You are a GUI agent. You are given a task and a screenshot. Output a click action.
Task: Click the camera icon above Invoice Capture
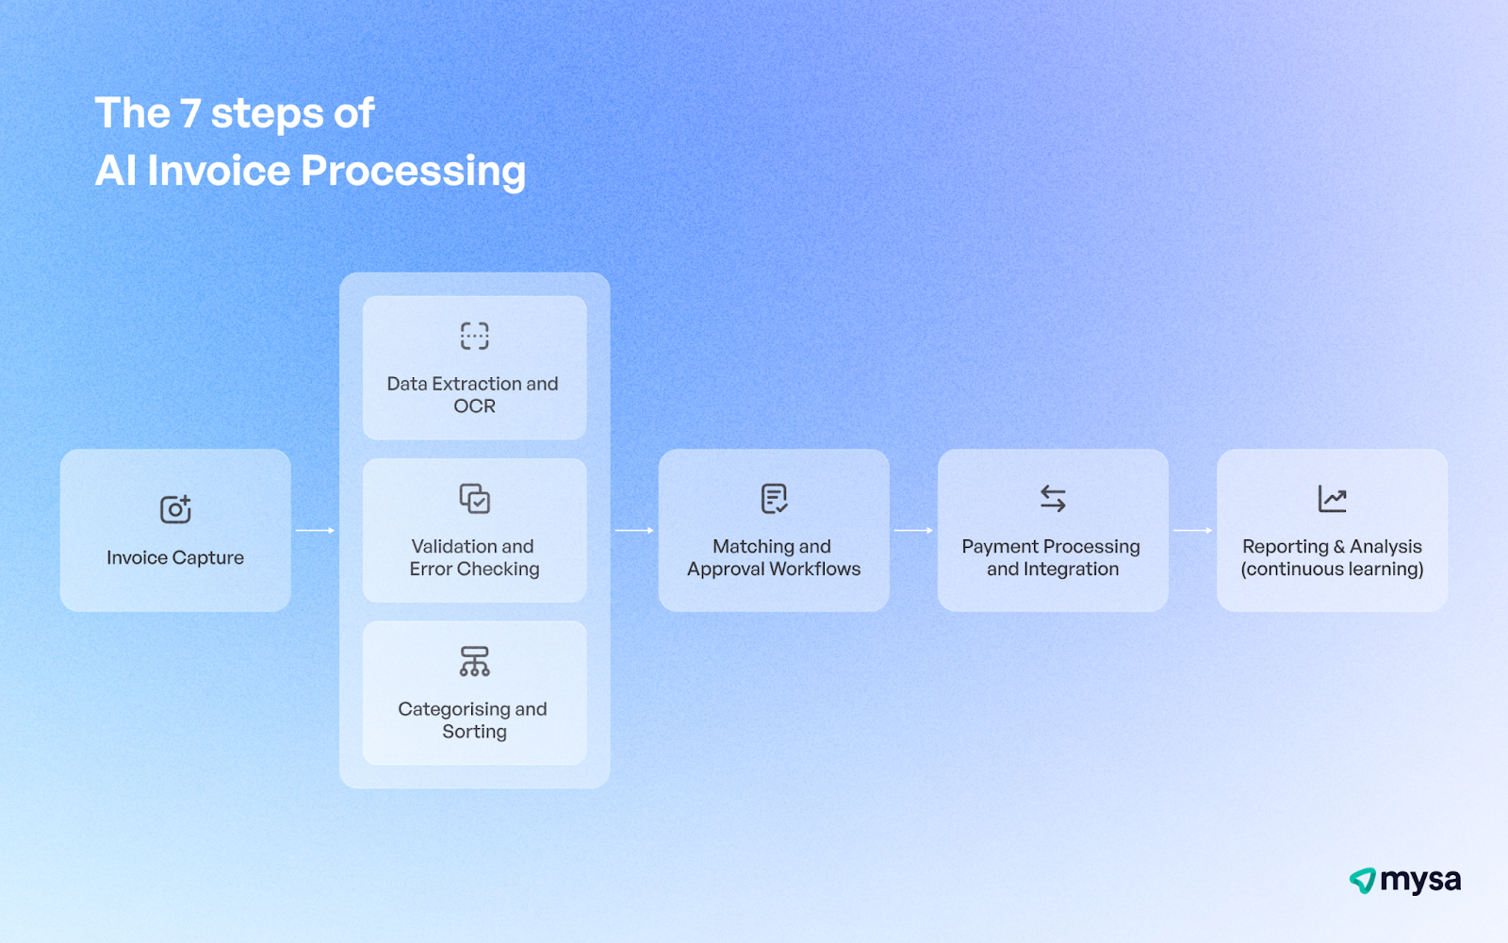point(175,509)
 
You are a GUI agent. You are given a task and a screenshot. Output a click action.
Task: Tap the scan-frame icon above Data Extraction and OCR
point(474,336)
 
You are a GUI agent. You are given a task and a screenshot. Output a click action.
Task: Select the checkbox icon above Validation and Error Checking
point(474,499)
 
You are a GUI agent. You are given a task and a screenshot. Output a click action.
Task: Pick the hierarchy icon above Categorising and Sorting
point(474,661)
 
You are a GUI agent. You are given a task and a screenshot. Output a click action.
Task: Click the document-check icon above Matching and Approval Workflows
point(774,498)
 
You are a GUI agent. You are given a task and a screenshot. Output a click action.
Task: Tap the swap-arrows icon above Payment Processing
point(1053,498)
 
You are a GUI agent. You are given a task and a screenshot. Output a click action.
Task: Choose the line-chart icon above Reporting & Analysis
point(1332,499)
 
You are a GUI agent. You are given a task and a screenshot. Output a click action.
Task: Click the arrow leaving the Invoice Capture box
point(315,531)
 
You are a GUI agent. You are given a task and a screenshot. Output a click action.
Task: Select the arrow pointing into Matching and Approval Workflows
point(634,531)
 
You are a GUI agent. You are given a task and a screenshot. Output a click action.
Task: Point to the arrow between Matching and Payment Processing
point(913,531)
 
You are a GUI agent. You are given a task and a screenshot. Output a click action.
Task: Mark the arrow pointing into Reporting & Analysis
point(1192,531)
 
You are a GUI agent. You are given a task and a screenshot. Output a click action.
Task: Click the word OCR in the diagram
point(474,406)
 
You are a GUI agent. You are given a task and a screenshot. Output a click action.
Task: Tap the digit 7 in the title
point(190,114)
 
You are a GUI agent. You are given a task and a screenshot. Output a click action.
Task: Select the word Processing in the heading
point(413,172)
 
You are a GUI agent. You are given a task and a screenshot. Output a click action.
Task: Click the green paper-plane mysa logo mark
point(1362,881)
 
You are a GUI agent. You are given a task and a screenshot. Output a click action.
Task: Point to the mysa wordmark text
point(1420,881)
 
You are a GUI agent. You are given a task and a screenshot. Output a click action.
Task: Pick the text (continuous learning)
point(1332,570)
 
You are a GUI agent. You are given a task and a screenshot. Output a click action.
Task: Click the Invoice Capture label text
point(175,558)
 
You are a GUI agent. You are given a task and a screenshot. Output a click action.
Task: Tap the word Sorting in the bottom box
point(474,732)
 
